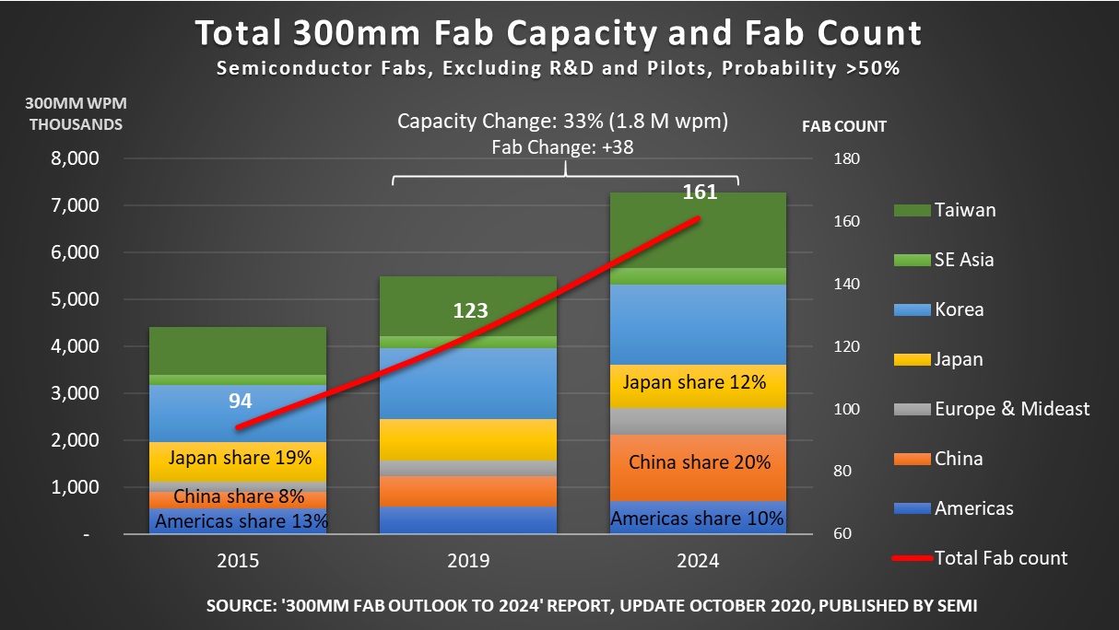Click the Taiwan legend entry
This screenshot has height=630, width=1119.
coord(964,210)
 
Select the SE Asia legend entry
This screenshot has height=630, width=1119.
coord(964,260)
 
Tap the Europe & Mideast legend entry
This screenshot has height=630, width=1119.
coord(1011,408)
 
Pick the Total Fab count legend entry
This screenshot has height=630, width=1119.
coord(1000,557)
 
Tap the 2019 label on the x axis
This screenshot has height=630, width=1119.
coord(468,561)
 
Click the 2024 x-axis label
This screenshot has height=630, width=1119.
coord(699,561)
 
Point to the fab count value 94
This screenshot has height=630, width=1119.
coord(241,401)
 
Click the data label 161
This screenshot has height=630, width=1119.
coord(700,192)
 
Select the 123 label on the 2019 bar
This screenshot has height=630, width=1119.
coord(469,310)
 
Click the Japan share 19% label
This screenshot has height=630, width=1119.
coord(239,457)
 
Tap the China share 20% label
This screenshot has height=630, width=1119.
coord(700,462)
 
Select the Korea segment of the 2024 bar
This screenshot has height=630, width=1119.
coord(699,324)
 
